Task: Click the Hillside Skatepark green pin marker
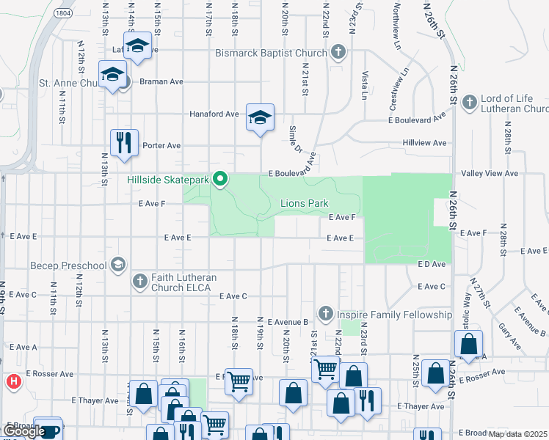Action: point(219,179)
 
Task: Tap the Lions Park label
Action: point(304,203)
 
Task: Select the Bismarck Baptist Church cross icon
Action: point(338,53)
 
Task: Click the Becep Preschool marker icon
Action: point(118,265)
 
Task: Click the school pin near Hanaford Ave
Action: point(259,117)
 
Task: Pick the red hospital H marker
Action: point(12,381)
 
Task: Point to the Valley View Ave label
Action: point(490,174)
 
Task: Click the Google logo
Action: point(24,431)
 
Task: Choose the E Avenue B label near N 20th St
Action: point(290,322)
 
